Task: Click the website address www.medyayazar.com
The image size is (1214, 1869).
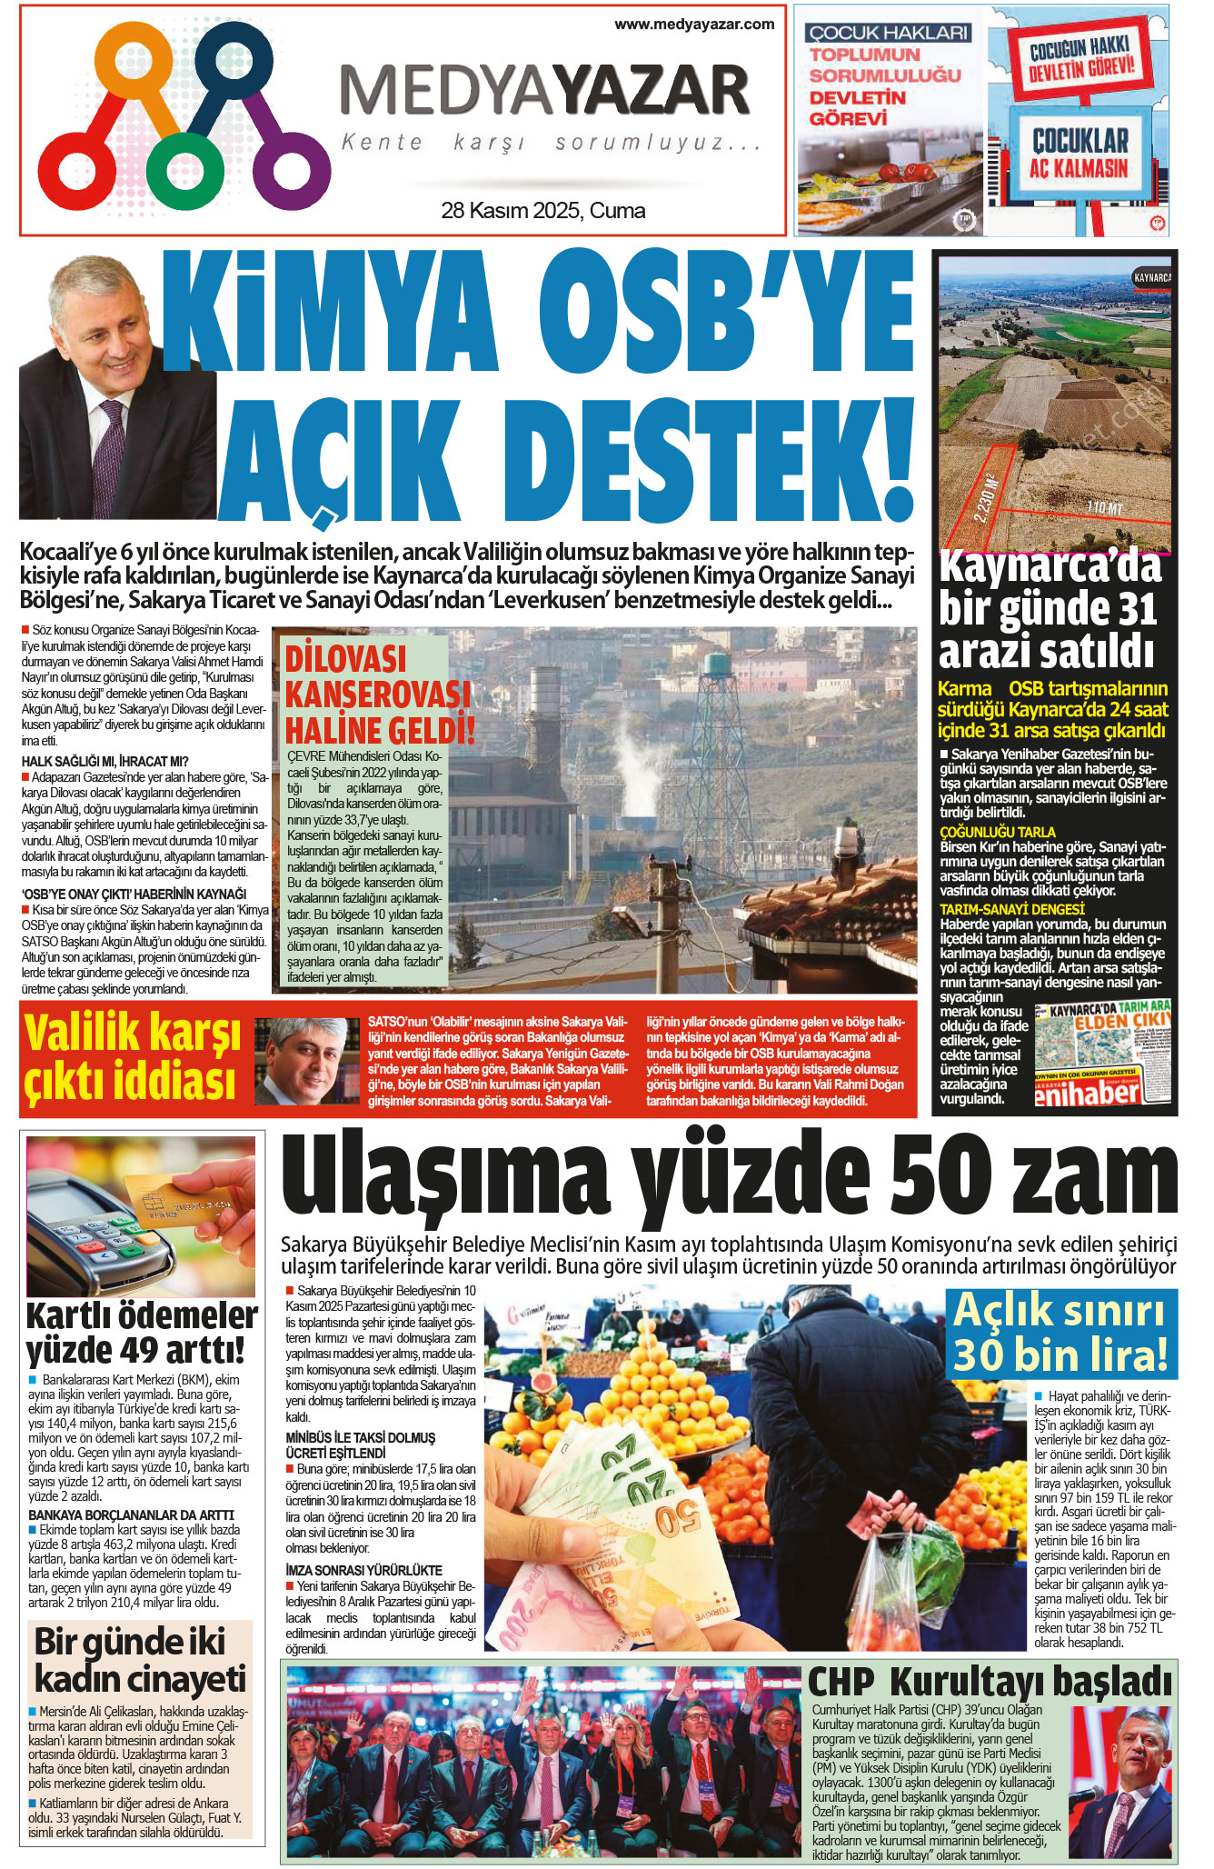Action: (694, 25)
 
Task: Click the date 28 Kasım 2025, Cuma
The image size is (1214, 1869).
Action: (542, 211)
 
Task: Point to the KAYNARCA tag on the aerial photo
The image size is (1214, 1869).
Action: (1151, 276)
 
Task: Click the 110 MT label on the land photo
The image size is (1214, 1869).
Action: (1104, 507)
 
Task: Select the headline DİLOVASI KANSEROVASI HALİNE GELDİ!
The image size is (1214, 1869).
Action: (379, 695)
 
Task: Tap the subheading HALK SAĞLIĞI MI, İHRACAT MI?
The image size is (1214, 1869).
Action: (104, 761)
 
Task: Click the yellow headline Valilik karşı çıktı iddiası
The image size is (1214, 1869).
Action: (133, 1058)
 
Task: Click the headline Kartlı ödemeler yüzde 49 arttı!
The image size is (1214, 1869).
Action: (142, 1333)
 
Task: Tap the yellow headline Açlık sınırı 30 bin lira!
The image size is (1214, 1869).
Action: (1060, 1333)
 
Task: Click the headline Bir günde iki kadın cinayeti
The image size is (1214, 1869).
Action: (140, 1661)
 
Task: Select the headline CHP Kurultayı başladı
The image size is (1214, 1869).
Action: (990, 1681)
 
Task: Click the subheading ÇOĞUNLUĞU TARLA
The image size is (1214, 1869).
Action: (997, 832)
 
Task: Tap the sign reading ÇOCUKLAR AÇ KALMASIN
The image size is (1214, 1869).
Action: (1080, 154)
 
